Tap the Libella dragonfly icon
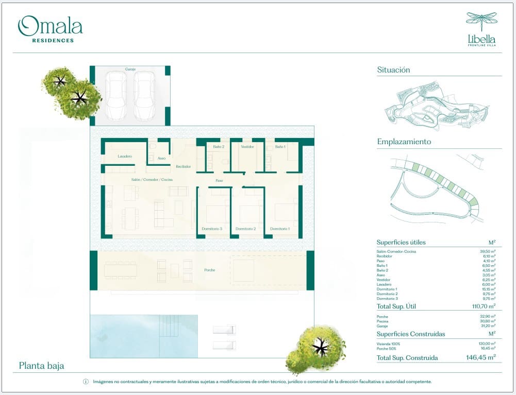[481, 22]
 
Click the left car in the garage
[115, 95]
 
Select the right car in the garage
[144, 95]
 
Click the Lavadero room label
[125, 156]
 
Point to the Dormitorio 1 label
[280, 229]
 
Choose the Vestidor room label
[247, 147]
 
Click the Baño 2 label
[219, 147]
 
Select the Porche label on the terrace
[209, 270]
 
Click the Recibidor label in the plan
[183, 166]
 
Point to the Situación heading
[393, 70]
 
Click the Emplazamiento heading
[404, 142]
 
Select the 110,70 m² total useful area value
[480, 306]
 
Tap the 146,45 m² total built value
[478, 357]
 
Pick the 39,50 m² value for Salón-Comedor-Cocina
[487, 251]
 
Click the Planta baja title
[41, 366]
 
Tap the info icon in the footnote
[86, 382]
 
